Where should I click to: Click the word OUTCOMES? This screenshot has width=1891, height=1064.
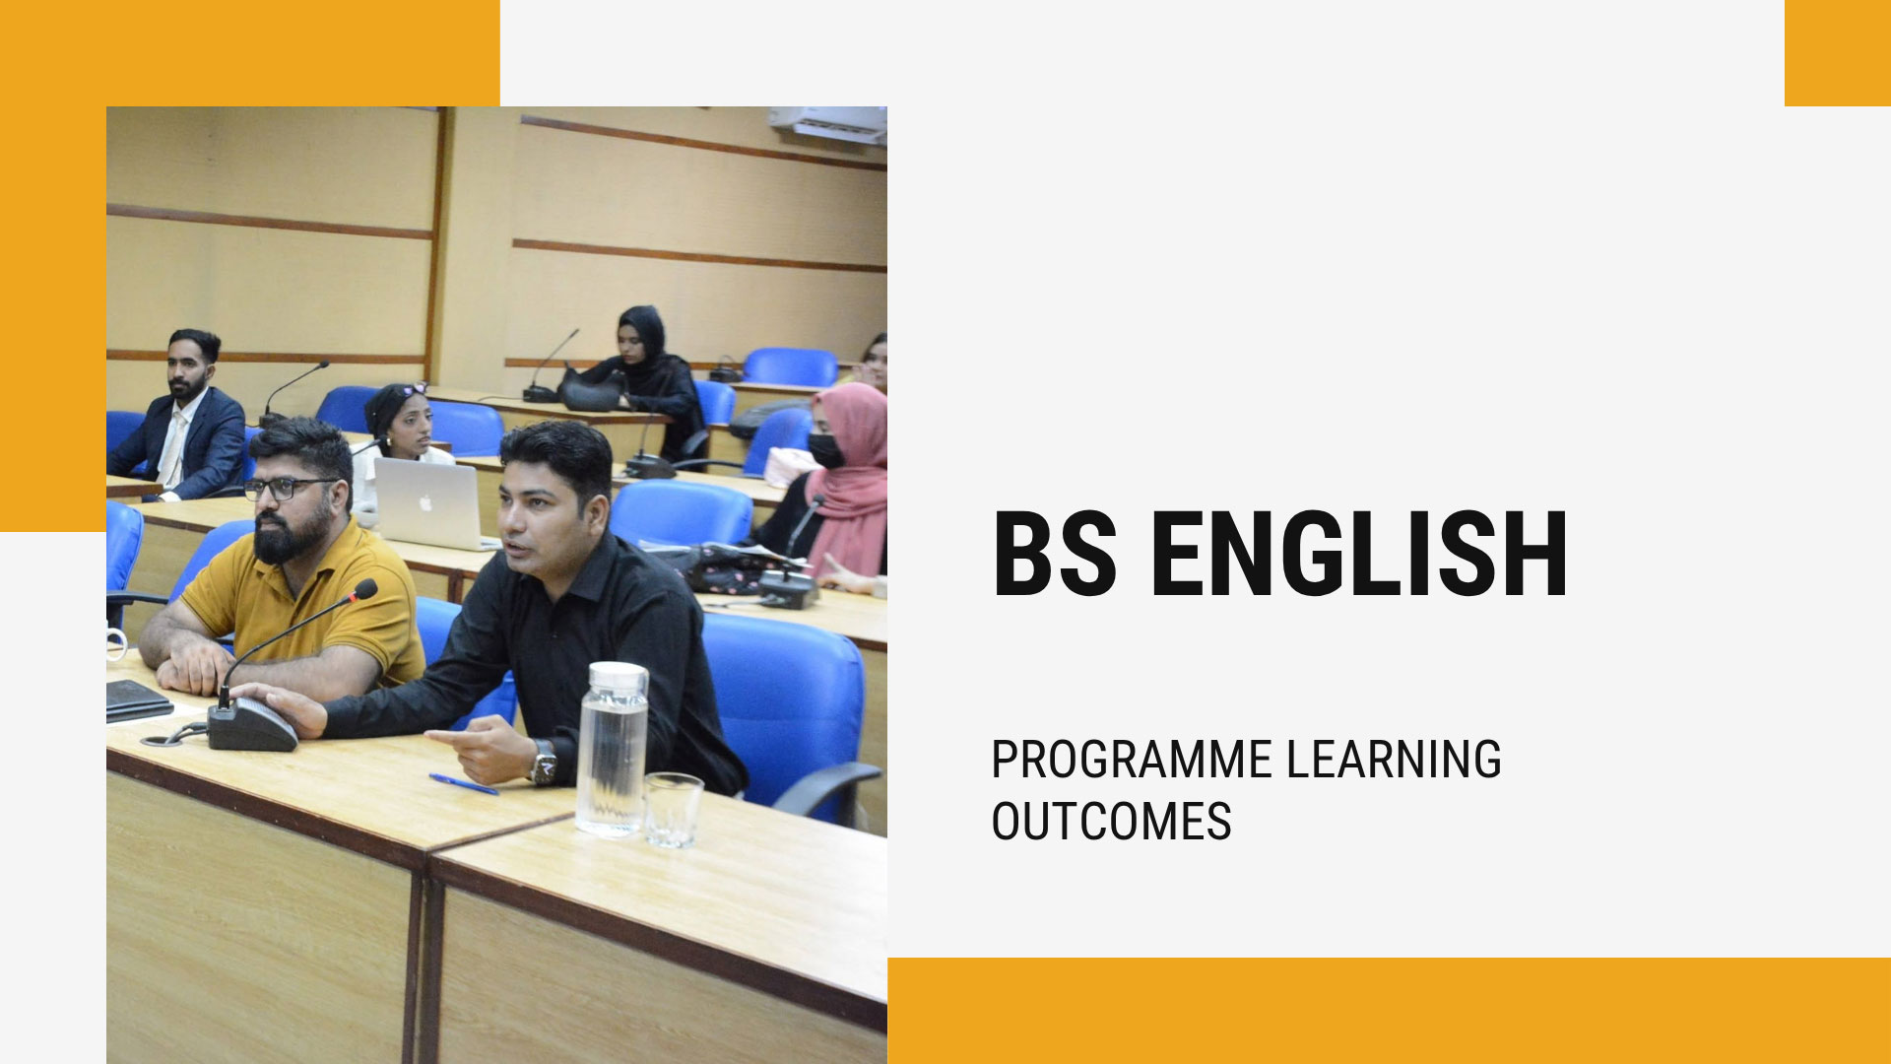(x=1111, y=822)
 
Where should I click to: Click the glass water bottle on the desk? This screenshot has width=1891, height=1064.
(x=612, y=749)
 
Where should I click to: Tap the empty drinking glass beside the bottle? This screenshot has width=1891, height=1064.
(x=674, y=810)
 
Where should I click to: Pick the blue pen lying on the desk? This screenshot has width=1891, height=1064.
(x=464, y=784)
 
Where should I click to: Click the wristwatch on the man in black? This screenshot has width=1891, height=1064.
(x=543, y=763)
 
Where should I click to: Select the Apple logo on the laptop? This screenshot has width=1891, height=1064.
(x=425, y=502)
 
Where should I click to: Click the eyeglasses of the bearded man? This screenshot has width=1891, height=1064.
(x=288, y=488)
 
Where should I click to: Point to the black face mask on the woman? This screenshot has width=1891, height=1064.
(x=825, y=451)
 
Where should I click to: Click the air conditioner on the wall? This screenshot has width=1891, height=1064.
(x=827, y=125)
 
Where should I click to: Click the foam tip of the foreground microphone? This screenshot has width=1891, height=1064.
(x=364, y=590)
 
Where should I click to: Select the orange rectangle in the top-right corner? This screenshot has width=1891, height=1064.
(x=1838, y=53)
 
